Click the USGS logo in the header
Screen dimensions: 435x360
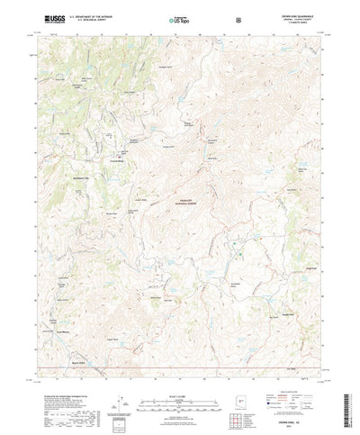pos(44,17)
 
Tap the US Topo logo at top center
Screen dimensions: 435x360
pos(179,17)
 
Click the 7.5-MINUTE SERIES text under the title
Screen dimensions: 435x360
pos(302,22)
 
